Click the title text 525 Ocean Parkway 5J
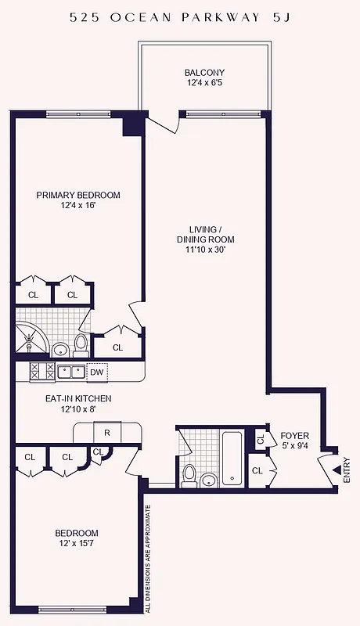(180, 16)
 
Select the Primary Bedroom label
(78, 195)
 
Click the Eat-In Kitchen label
(77, 398)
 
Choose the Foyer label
(295, 435)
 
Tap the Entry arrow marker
(337, 469)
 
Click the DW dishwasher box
(96, 372)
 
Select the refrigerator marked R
(106, 432)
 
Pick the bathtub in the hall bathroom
(232, 458)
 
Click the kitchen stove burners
(41, 372)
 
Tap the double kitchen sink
(70, 372)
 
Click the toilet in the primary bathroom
(81, 343)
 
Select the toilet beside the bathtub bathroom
(188, 474)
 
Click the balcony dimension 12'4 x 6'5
(205, 83)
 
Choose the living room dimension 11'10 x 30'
(206, 250)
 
